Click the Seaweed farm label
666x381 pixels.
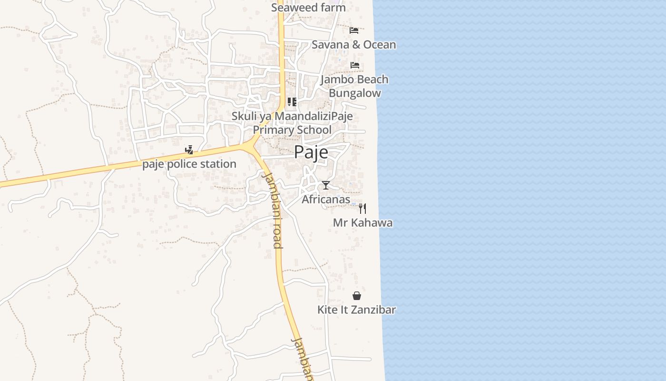coord(308,8)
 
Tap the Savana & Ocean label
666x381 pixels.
coord(353,45)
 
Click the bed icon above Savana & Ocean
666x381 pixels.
coord(354,30)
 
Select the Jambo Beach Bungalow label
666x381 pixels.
coord(354,86)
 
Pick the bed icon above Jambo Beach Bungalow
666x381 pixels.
coord(355,65)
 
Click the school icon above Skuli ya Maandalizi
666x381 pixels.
coord(292,102)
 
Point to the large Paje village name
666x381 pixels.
coord(311,152)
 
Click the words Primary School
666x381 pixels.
coord(292,130)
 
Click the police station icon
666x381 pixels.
coord(189,150)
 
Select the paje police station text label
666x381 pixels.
coord(189,164)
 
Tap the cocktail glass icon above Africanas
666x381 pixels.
coord(325,185)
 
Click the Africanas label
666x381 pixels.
coord(326,200)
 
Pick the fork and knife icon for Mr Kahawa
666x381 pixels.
coord(362,208)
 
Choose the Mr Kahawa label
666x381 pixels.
coord(362,223)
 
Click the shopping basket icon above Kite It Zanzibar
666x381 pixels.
coord(357,296)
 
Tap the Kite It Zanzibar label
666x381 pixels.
coord(356,310)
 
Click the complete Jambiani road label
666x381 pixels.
coord(273,210)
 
